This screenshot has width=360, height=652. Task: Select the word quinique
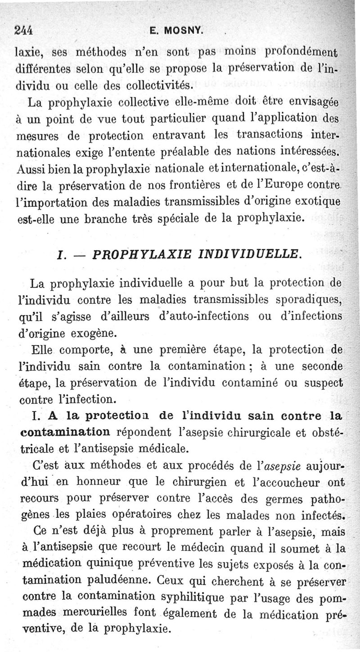[x=108, y=564]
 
